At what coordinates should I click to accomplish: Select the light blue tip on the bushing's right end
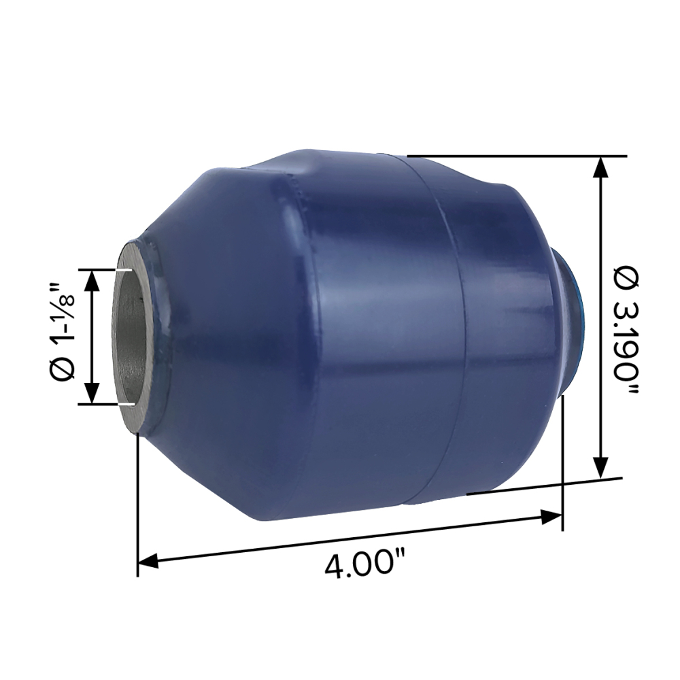(x=579, y=306)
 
